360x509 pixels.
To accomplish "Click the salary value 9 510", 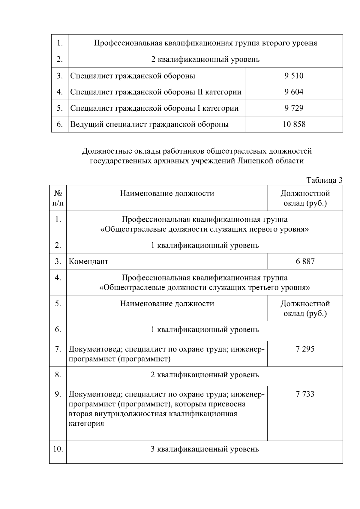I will click(294, 76).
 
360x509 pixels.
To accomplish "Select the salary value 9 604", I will click(294, 92).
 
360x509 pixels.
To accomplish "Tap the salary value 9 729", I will click(294, 108).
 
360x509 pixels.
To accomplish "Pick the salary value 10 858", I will click(294, 124).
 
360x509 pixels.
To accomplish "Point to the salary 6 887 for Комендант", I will click(305, 261).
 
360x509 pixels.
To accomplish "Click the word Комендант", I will click(88, 261).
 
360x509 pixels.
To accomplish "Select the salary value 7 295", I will click(305, 349).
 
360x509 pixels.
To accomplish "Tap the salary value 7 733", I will click(305, 394).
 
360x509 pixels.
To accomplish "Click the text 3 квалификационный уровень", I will click(205, 449).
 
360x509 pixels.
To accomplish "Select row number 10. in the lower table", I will click(58, 449).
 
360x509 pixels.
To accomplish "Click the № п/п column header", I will click(58, 198).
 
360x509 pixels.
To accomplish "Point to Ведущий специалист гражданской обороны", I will click(149, 124).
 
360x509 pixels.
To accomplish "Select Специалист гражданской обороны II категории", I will click(156, 92).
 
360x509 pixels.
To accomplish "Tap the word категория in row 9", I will click(86, 424).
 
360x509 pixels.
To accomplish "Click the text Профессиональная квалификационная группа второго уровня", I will click(205, 43).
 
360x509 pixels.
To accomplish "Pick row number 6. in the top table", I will click(60, 124).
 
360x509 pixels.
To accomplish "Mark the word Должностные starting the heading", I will click(103, 151).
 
